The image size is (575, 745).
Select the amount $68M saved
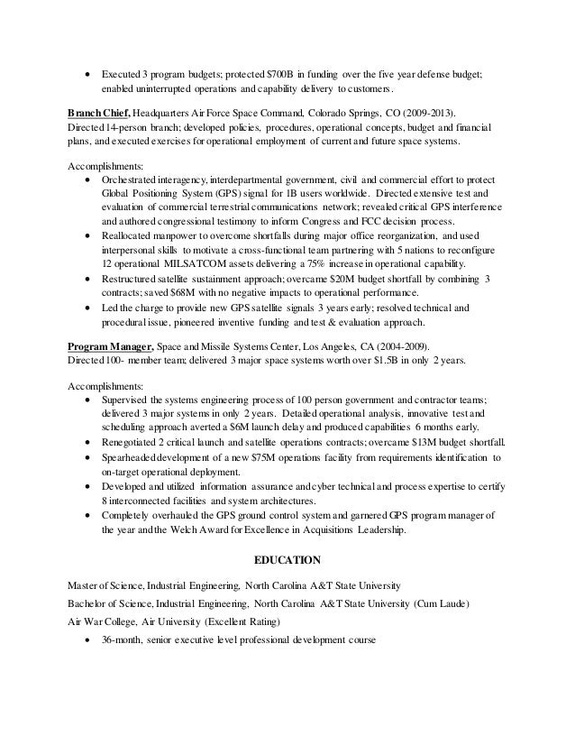coord(187,295)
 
